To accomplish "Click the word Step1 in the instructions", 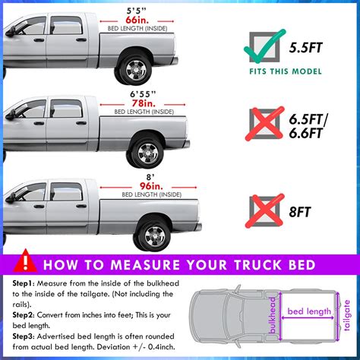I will [25, 283].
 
